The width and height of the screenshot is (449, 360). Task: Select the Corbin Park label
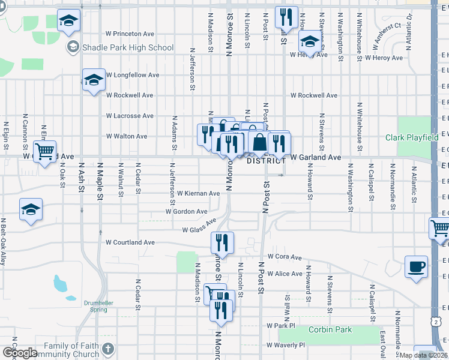pos(330,329)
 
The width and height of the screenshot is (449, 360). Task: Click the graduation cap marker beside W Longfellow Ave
pos(94,80)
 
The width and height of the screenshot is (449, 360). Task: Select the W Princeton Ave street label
pos(130,34)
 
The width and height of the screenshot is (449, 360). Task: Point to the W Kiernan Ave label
pos(199,193)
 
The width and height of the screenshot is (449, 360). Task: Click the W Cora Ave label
pos(284,256)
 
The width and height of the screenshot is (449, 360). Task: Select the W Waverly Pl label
pos(285,345)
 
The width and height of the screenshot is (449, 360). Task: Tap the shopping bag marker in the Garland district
pos(260,143)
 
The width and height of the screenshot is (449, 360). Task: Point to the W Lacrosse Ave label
pos(130,116)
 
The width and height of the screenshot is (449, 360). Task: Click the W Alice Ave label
pos(285,274)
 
